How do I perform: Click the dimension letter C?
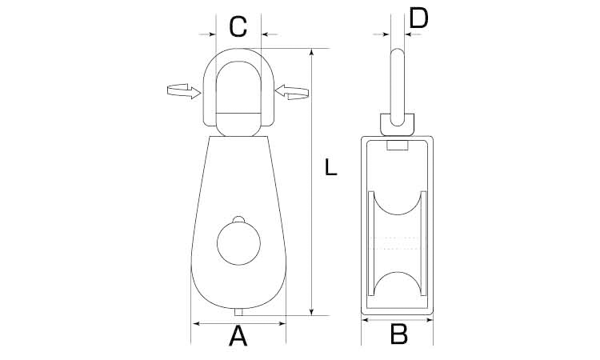click(238, 26)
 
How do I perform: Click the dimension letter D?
click(418, 18)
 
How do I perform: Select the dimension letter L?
click(331, 167)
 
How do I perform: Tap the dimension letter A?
click(238, 335)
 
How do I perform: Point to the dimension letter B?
click(398, 334)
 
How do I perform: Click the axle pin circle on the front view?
click(238, 243)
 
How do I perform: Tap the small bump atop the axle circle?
click(238, 219)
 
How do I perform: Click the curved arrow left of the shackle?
click(184, 91)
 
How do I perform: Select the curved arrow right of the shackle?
click(292, 92)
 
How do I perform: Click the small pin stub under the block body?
click(238, 312)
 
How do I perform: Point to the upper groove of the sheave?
click(398, 202)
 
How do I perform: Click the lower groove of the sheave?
click(398, 284)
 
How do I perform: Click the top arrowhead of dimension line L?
click(312, 53)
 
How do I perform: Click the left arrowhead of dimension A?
click(197, 324)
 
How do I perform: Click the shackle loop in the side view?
click(398, 87)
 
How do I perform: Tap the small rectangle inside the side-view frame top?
click(398, 146)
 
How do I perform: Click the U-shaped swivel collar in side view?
click(397, 124)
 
